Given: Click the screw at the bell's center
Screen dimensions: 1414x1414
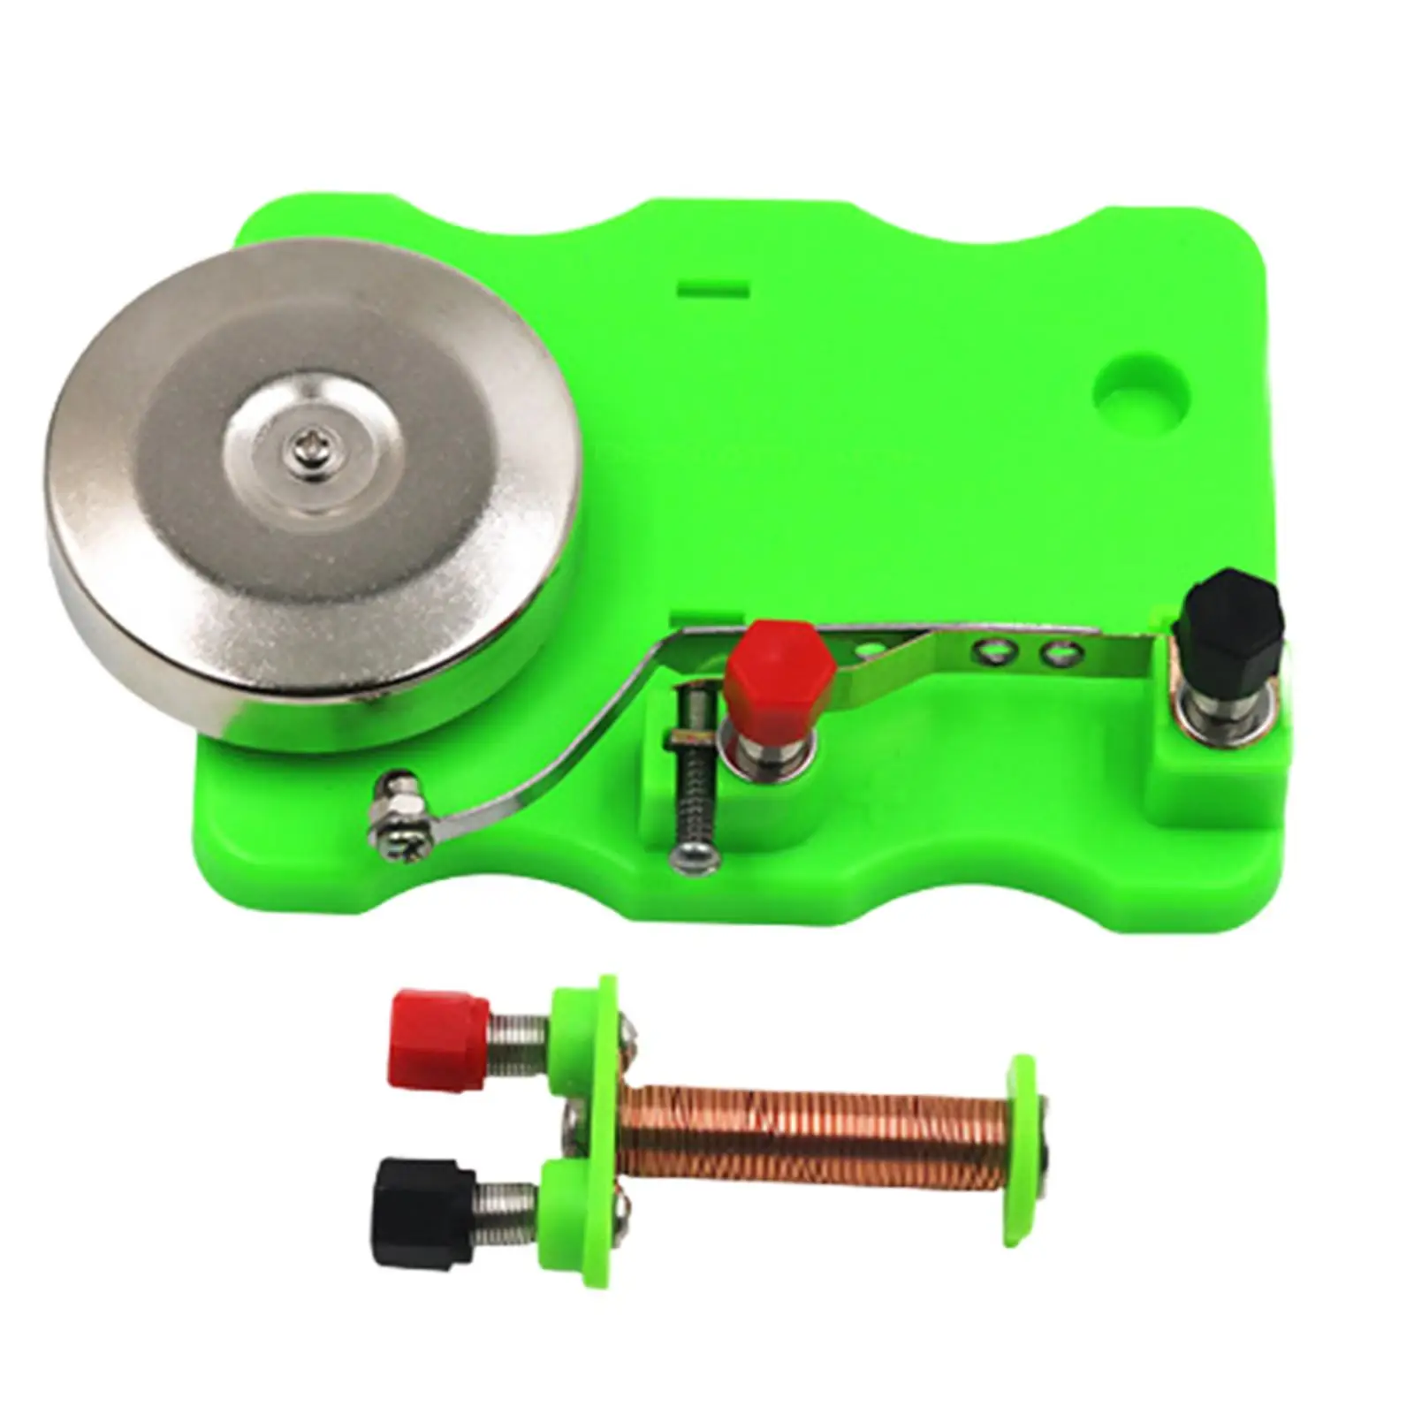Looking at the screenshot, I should click(x=301, y=456).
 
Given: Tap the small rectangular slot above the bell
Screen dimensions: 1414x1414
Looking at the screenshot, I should click(x=714, y=289).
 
